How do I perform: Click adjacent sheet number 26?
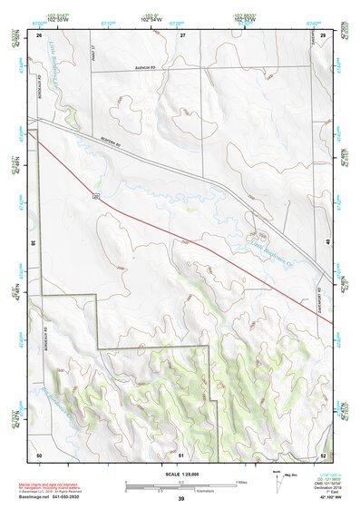click(x=40, y=34)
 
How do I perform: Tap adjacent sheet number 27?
click(x=182, y=34)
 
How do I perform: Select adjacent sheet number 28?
click(x=323, y=34)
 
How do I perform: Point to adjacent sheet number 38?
click(x=34, y=243)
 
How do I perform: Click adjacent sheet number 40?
click(x=329, y=243)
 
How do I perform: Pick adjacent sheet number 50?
click(x=39, y=453)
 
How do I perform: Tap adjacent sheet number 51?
click(x=181, y=453)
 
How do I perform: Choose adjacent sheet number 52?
click(x=323, y=453)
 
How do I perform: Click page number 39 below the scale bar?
click(x=181, y=499)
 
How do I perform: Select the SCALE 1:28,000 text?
click(x=181, y=473)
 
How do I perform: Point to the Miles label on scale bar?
click(x=241, y=481)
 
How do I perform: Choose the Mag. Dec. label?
click(x=289, y=474)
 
